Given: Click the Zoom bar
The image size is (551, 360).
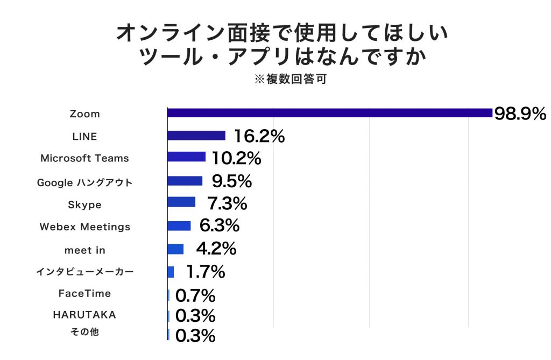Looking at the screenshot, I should pyautogui.click(x=329, y=113).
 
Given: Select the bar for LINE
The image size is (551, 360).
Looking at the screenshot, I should pyautogui.click(x=196, y=135).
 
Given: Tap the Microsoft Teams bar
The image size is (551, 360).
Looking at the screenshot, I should pyautogui.click(x=186, y=157).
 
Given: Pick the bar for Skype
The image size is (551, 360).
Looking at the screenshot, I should pyautogui.click(x=181, y=202).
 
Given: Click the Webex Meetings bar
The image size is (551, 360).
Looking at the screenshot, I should pyautogui.click(x=179, y=225).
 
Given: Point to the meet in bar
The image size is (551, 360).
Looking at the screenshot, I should pyautogui.click(x=175, y=249).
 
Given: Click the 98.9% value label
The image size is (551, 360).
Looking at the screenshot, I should pyautogui.click(x=520, y=114).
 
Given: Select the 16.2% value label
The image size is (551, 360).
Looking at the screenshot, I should pyautogui.click(x=259, y=136).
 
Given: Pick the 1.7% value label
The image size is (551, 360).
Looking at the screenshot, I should pyautogui.click(x=205, y=272).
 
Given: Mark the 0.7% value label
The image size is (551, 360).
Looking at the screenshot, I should pyautogui.click(x=195, y=295).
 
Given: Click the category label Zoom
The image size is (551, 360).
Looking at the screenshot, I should pyautogui.click(x=85, y=114).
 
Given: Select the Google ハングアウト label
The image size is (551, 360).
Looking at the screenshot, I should pyautogui.click(x=84, y=182).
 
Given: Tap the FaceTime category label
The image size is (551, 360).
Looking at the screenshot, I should pyautogui.click(x=84, y=293).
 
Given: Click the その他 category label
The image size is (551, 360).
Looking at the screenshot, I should pyautogui.click(x=84, y=332).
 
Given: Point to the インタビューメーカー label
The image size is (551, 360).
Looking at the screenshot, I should pyautogui.click(x=84, y=272).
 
